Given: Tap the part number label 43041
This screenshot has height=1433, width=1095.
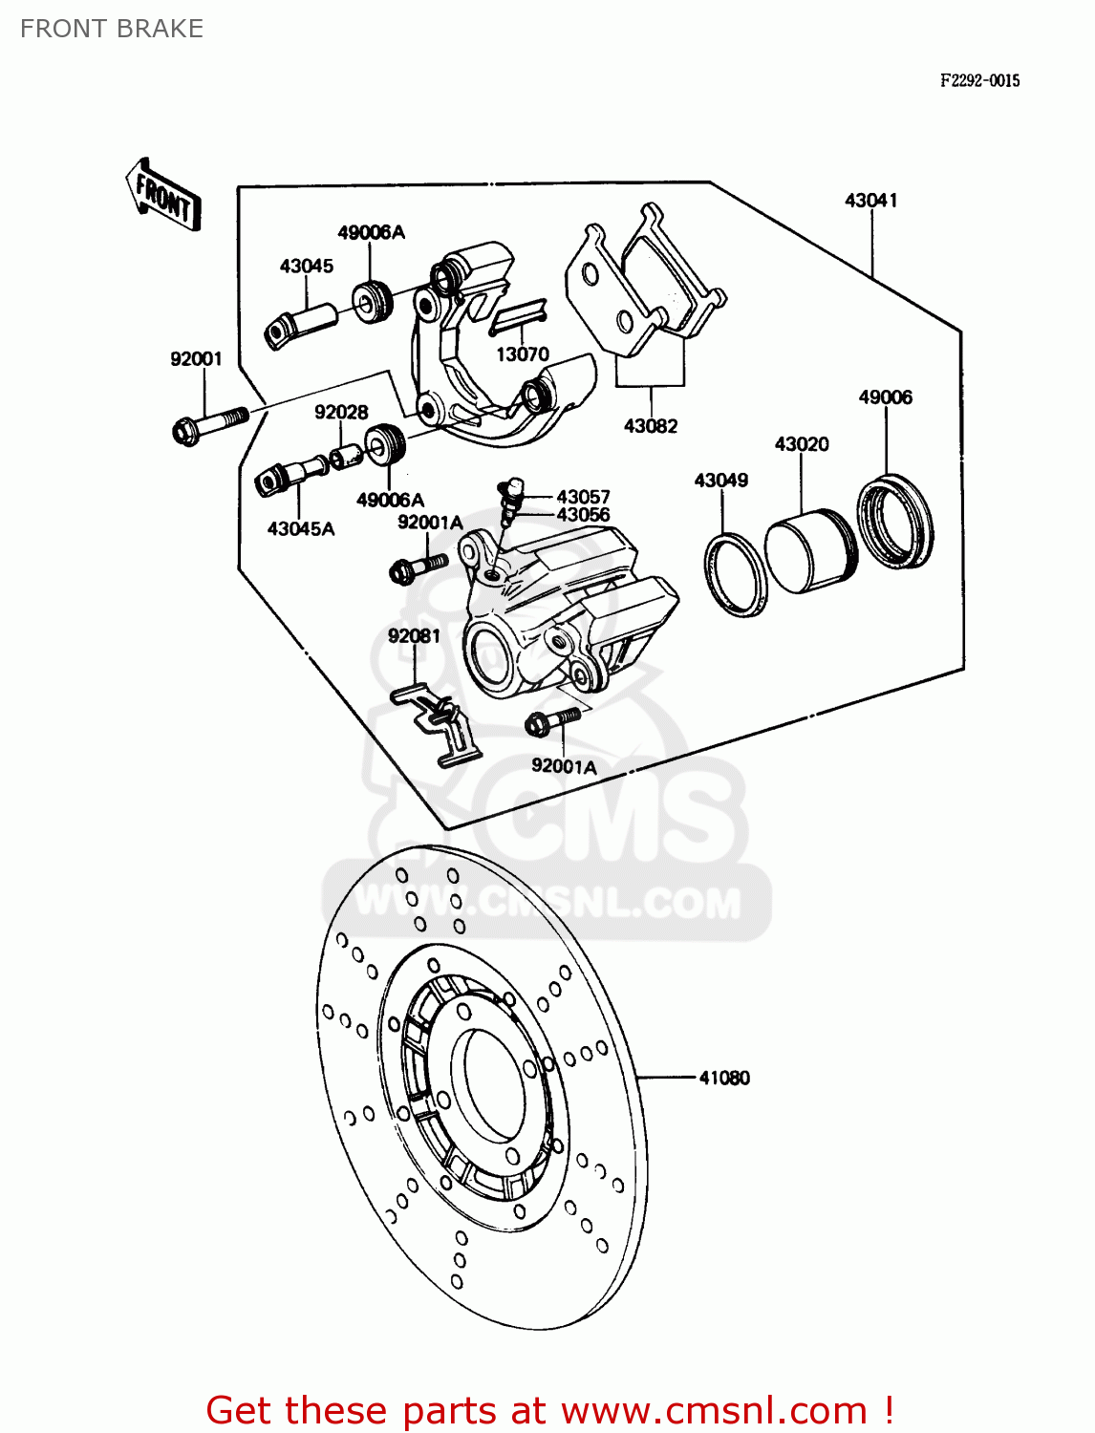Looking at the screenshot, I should [870, 201].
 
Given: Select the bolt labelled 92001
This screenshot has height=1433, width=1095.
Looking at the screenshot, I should [209, 423].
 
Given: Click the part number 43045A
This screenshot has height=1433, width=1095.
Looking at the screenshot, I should [301, 528].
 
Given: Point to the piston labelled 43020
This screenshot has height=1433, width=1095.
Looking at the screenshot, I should [810, 553].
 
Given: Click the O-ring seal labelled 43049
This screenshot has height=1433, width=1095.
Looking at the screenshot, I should [736, 576].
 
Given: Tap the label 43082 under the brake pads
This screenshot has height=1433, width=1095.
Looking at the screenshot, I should [651, 426].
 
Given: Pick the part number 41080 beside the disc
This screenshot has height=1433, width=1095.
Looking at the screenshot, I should [724, 1078].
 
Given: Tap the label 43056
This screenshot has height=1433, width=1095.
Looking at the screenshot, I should [583, 515].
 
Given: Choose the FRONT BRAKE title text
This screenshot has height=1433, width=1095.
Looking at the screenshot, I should [112, 29].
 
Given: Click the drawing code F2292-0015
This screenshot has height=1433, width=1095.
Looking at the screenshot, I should [979, 81].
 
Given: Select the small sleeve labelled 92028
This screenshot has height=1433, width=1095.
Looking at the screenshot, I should [345, 456].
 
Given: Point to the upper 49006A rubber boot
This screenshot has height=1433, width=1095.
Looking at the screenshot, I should [372, 302].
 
